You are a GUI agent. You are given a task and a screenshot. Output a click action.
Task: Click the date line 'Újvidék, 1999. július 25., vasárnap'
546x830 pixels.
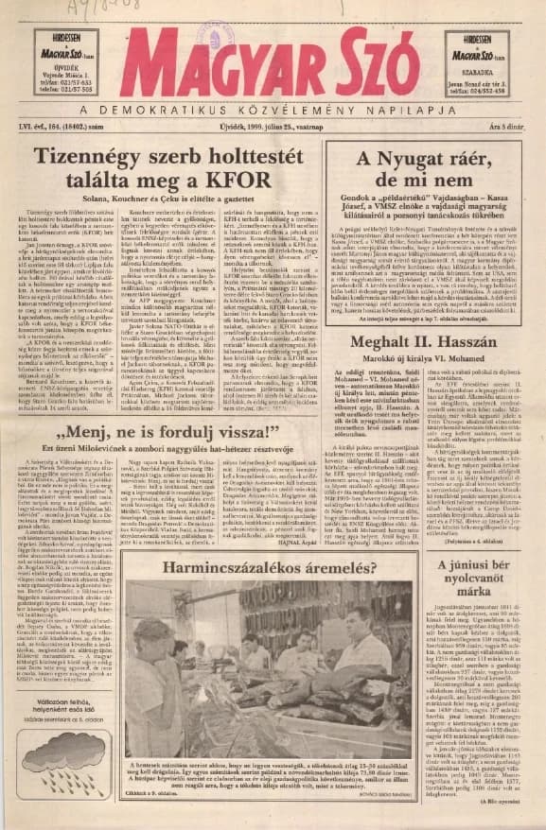coord(278,126)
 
